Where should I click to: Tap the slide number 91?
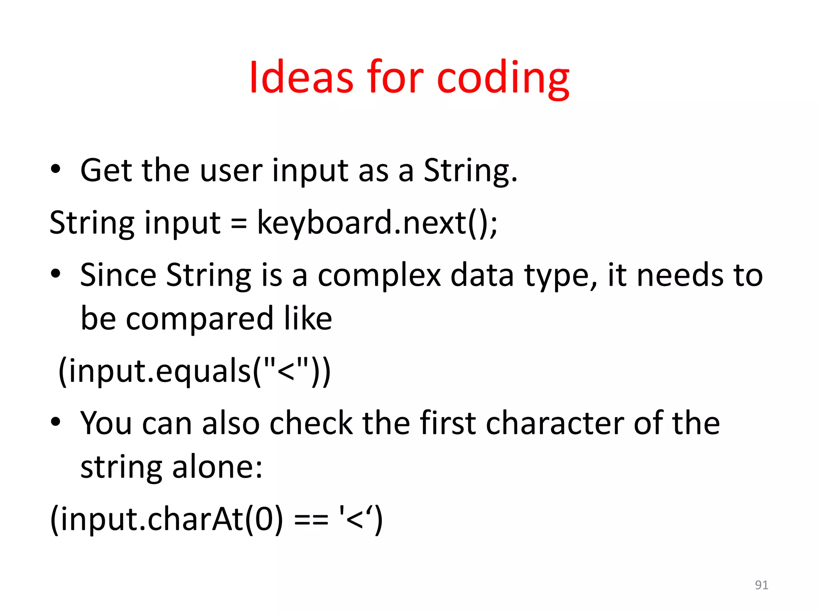(761, 585)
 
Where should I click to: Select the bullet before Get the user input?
(56, 169)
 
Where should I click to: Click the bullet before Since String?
(56, 274)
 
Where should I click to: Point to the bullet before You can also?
(56, 422)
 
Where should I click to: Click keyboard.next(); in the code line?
(377, 223)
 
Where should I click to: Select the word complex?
(379, 276)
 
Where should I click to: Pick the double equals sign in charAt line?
(311, 520)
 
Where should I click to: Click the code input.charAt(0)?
(166, 520)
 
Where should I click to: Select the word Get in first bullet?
(106, 170)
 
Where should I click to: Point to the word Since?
(118, 275)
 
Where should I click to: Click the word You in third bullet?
(106, 423)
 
